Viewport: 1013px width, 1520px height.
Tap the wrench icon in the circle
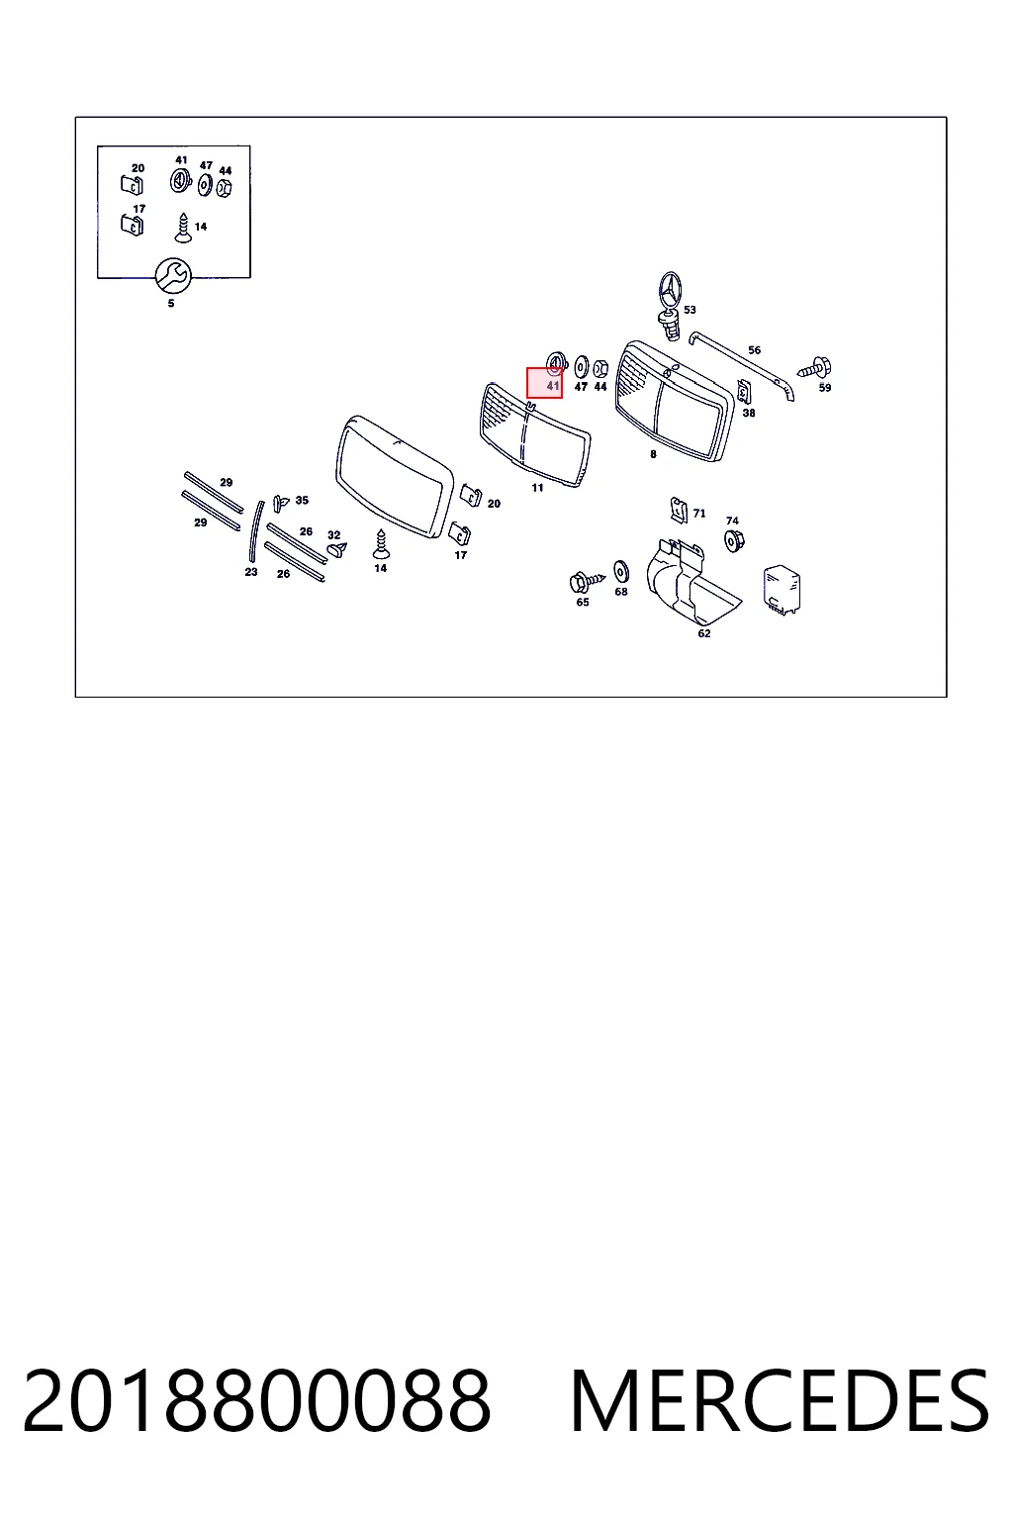[173, 275]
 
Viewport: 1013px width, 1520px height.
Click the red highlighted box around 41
[544, 383]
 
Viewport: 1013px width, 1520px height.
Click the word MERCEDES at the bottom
[779, 1402]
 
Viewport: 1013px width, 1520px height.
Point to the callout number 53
[690, 310]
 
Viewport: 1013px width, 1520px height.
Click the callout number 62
[704, 633]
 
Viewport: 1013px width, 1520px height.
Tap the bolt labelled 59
[815, 368]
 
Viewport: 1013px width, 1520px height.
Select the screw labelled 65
[587, 582]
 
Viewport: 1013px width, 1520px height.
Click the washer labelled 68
[621, 572]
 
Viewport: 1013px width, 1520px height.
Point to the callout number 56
[755, 350]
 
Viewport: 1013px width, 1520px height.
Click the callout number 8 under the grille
[653, 454]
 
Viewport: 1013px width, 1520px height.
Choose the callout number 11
[537, 487]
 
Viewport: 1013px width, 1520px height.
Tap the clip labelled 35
[280, 503]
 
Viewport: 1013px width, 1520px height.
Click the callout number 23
[251, 572]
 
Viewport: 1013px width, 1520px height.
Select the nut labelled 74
[733, 541]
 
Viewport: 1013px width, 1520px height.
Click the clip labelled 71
[678, 511]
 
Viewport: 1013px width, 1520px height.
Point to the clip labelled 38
[745, 392]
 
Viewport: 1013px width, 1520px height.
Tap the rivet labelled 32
[337, 548]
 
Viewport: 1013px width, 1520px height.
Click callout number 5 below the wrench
[171, 304]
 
